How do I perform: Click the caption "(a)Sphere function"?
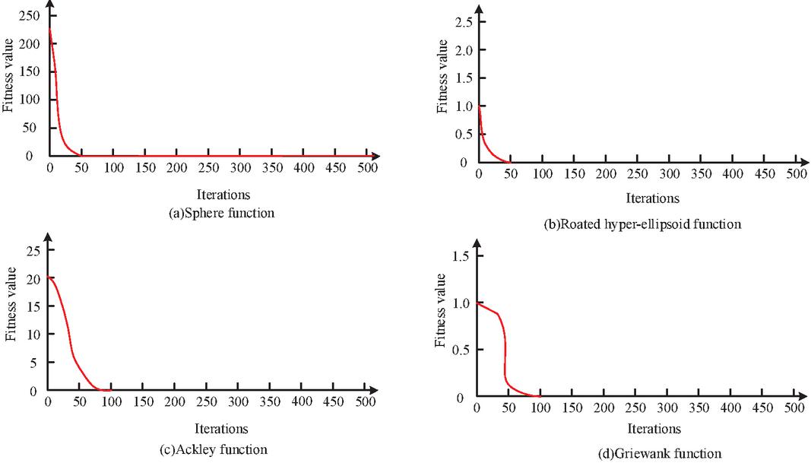221,213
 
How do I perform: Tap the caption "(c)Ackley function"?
221,449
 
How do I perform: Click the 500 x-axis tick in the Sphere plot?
366,168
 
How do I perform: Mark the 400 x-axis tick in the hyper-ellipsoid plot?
733,174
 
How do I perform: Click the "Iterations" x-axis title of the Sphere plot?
221,194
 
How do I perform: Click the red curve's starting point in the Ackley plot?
49,277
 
